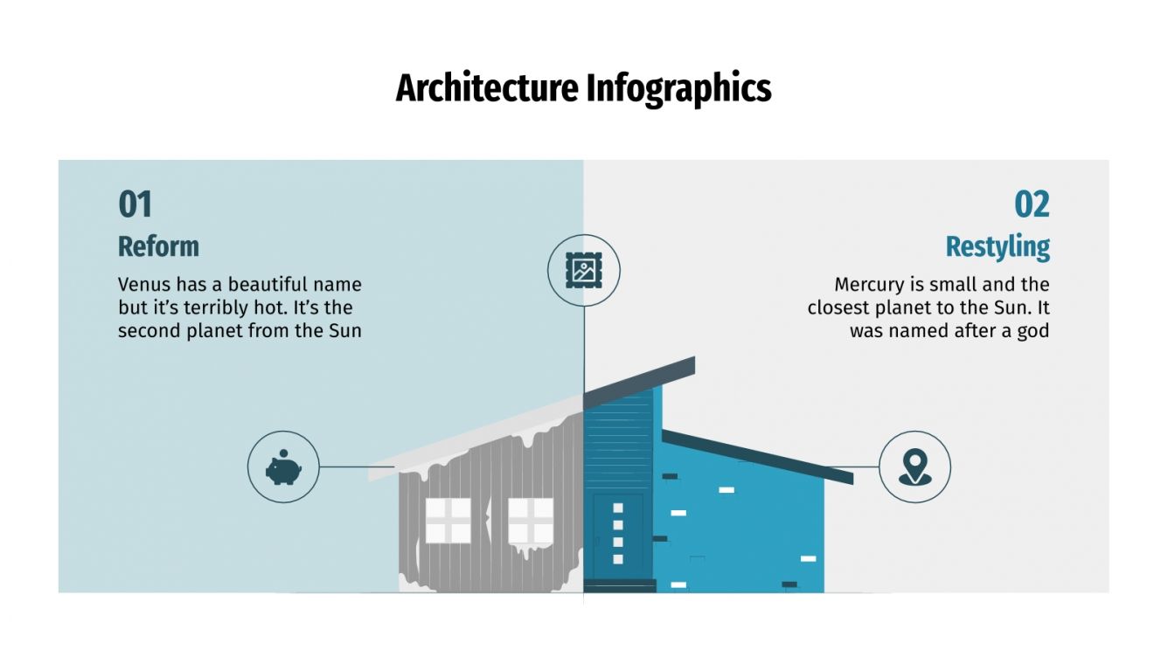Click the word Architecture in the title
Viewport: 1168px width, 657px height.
(x=487, y=89)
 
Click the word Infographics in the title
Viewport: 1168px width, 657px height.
(x=678, y=89)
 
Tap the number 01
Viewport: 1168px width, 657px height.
(x=136, y=205)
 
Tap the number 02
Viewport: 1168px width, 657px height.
(x=1032, y=205)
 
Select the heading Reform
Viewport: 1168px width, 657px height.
(x=158, y=246)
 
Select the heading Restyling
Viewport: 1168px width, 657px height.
(x=998, y=247)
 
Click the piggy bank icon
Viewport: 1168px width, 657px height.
(x=283, y=467)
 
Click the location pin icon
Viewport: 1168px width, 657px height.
(x=914, y=467)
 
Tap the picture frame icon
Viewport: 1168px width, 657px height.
(x=583, y=270)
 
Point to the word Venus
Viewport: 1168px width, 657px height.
(x=143, y=285)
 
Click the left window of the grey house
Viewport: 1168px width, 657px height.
(x=448, y=521)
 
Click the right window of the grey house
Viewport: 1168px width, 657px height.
(x=531, y=521)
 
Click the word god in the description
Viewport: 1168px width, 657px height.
(x=1032, y=332)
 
